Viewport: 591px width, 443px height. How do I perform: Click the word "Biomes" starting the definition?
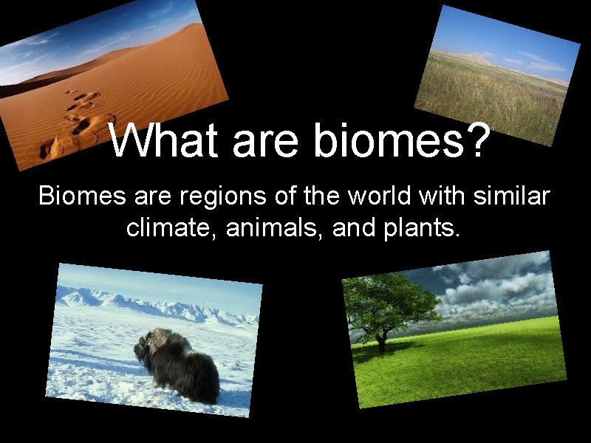coord(79,197)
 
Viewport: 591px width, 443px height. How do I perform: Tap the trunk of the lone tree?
coord(382,341)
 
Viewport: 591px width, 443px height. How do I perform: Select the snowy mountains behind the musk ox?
coord(148,303)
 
